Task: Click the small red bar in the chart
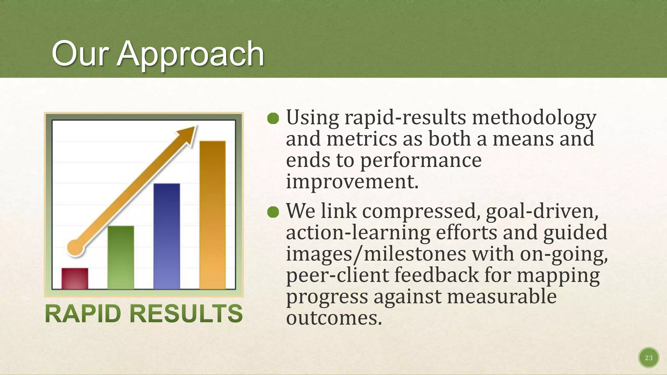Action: [x=75, y=279]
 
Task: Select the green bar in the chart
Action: [x=121, y=257]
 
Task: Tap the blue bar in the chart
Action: [x=166, y=236]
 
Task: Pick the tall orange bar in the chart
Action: [x=212, y=215]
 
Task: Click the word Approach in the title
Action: [x=191, y=54]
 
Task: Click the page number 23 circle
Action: [x=648, y=358]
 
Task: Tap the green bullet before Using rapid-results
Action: [x=273, y=118]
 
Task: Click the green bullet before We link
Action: [x=273, y=212]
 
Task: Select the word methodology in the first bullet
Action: [x=534, y=118]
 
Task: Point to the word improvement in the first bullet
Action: [x=352, y=182]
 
